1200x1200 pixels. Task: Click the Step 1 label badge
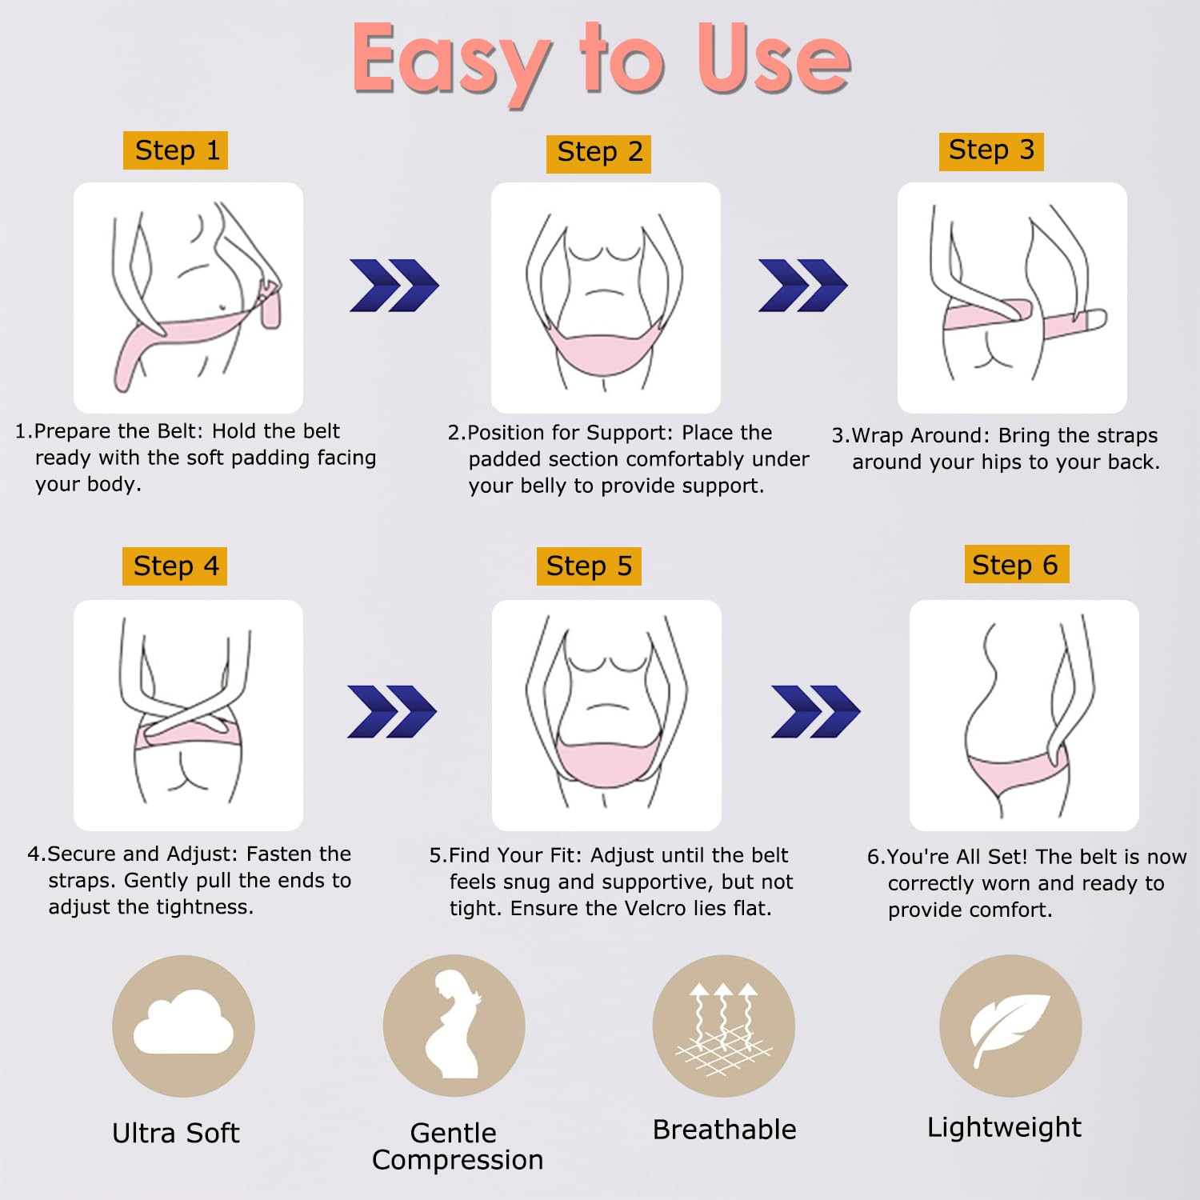tap(175, 150)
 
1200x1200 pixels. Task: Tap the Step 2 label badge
tap(598, 153)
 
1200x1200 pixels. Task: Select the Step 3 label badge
tap(991, 150)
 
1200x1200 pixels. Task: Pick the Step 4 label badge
tap(174, 566)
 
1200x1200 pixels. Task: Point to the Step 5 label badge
tap(589, 566)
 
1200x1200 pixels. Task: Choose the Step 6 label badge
tap(1016, 565)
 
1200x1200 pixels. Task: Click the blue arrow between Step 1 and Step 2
tap(394, 286)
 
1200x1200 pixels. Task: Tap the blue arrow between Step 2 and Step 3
tap(802, 286)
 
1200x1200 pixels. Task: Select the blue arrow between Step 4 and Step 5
tap(392, 711)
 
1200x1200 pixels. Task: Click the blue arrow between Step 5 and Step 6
tap(815, 711)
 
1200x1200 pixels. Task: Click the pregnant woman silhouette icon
tap(454, 1025)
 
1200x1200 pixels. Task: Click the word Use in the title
tap(774, 58)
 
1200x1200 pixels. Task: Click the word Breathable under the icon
tap(725, 1130)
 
